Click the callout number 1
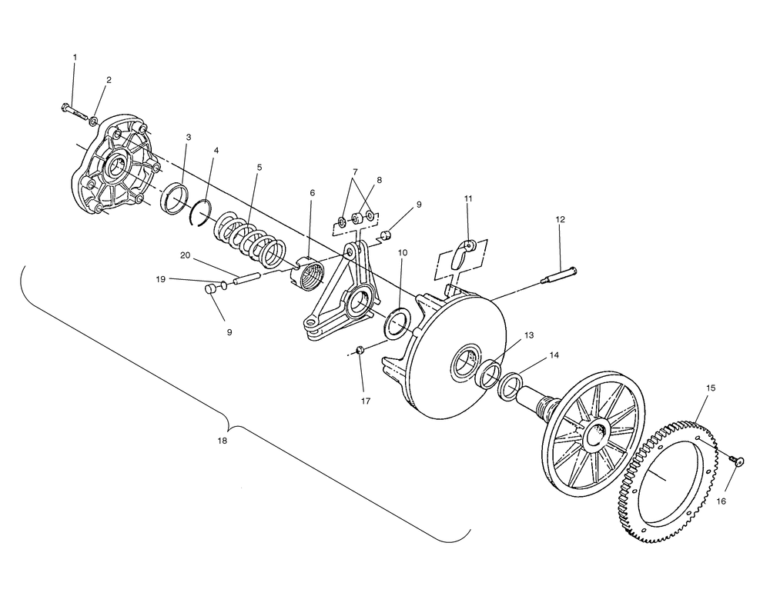click(75, 58)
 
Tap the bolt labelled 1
click(75, 112)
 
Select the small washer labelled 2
click(93, 120)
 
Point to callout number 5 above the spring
click(259, 167)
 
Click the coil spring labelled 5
click(250, 238)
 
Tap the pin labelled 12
click(559, 275)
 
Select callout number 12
click(561, 220)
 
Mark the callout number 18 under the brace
click(222, 441)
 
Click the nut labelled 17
click(359, 351)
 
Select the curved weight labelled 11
click(463, 252)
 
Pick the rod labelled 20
click(249, 276)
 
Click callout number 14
click(554, 355)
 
